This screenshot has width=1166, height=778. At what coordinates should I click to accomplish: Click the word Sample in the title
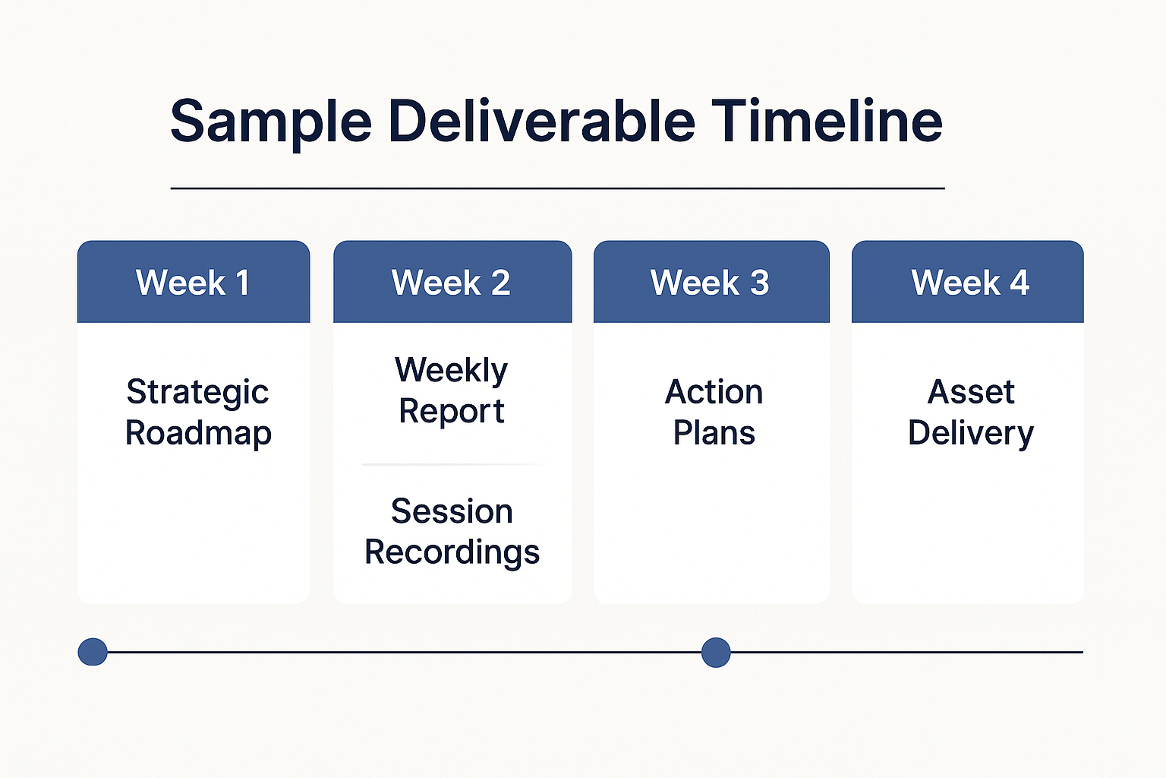point(271,122)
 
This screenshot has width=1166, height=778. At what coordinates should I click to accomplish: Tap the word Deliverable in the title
point(541,122)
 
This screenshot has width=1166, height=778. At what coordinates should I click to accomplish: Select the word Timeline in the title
point(827,122)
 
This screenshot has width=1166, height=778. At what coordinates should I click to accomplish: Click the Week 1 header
point(193,283)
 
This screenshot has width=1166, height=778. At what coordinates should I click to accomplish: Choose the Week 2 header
point(452,283)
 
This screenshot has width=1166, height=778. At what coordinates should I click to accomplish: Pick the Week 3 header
point(711,283)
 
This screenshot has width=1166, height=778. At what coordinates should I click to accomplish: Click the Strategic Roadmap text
point(197,413)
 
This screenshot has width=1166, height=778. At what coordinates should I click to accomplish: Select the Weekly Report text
point(452,391)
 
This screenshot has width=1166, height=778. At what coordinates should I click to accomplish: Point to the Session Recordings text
point(452,532)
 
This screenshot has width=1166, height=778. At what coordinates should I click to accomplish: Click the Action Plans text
point(714,413)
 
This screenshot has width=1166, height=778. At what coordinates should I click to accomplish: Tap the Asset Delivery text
point(970,413)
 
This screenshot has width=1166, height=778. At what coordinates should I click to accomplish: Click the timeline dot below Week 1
point(93,652)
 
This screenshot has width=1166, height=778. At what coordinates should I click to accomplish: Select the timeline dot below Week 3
point(715,652)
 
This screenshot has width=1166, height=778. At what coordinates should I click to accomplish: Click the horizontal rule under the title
point(557,188)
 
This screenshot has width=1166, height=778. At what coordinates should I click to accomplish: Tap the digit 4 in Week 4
point(1019,283)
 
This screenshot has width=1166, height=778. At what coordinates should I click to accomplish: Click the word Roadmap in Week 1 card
point(198,433)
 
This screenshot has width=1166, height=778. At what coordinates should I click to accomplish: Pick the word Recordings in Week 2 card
point(452,552)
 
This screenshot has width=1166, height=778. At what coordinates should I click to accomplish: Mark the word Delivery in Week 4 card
point(970,433)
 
